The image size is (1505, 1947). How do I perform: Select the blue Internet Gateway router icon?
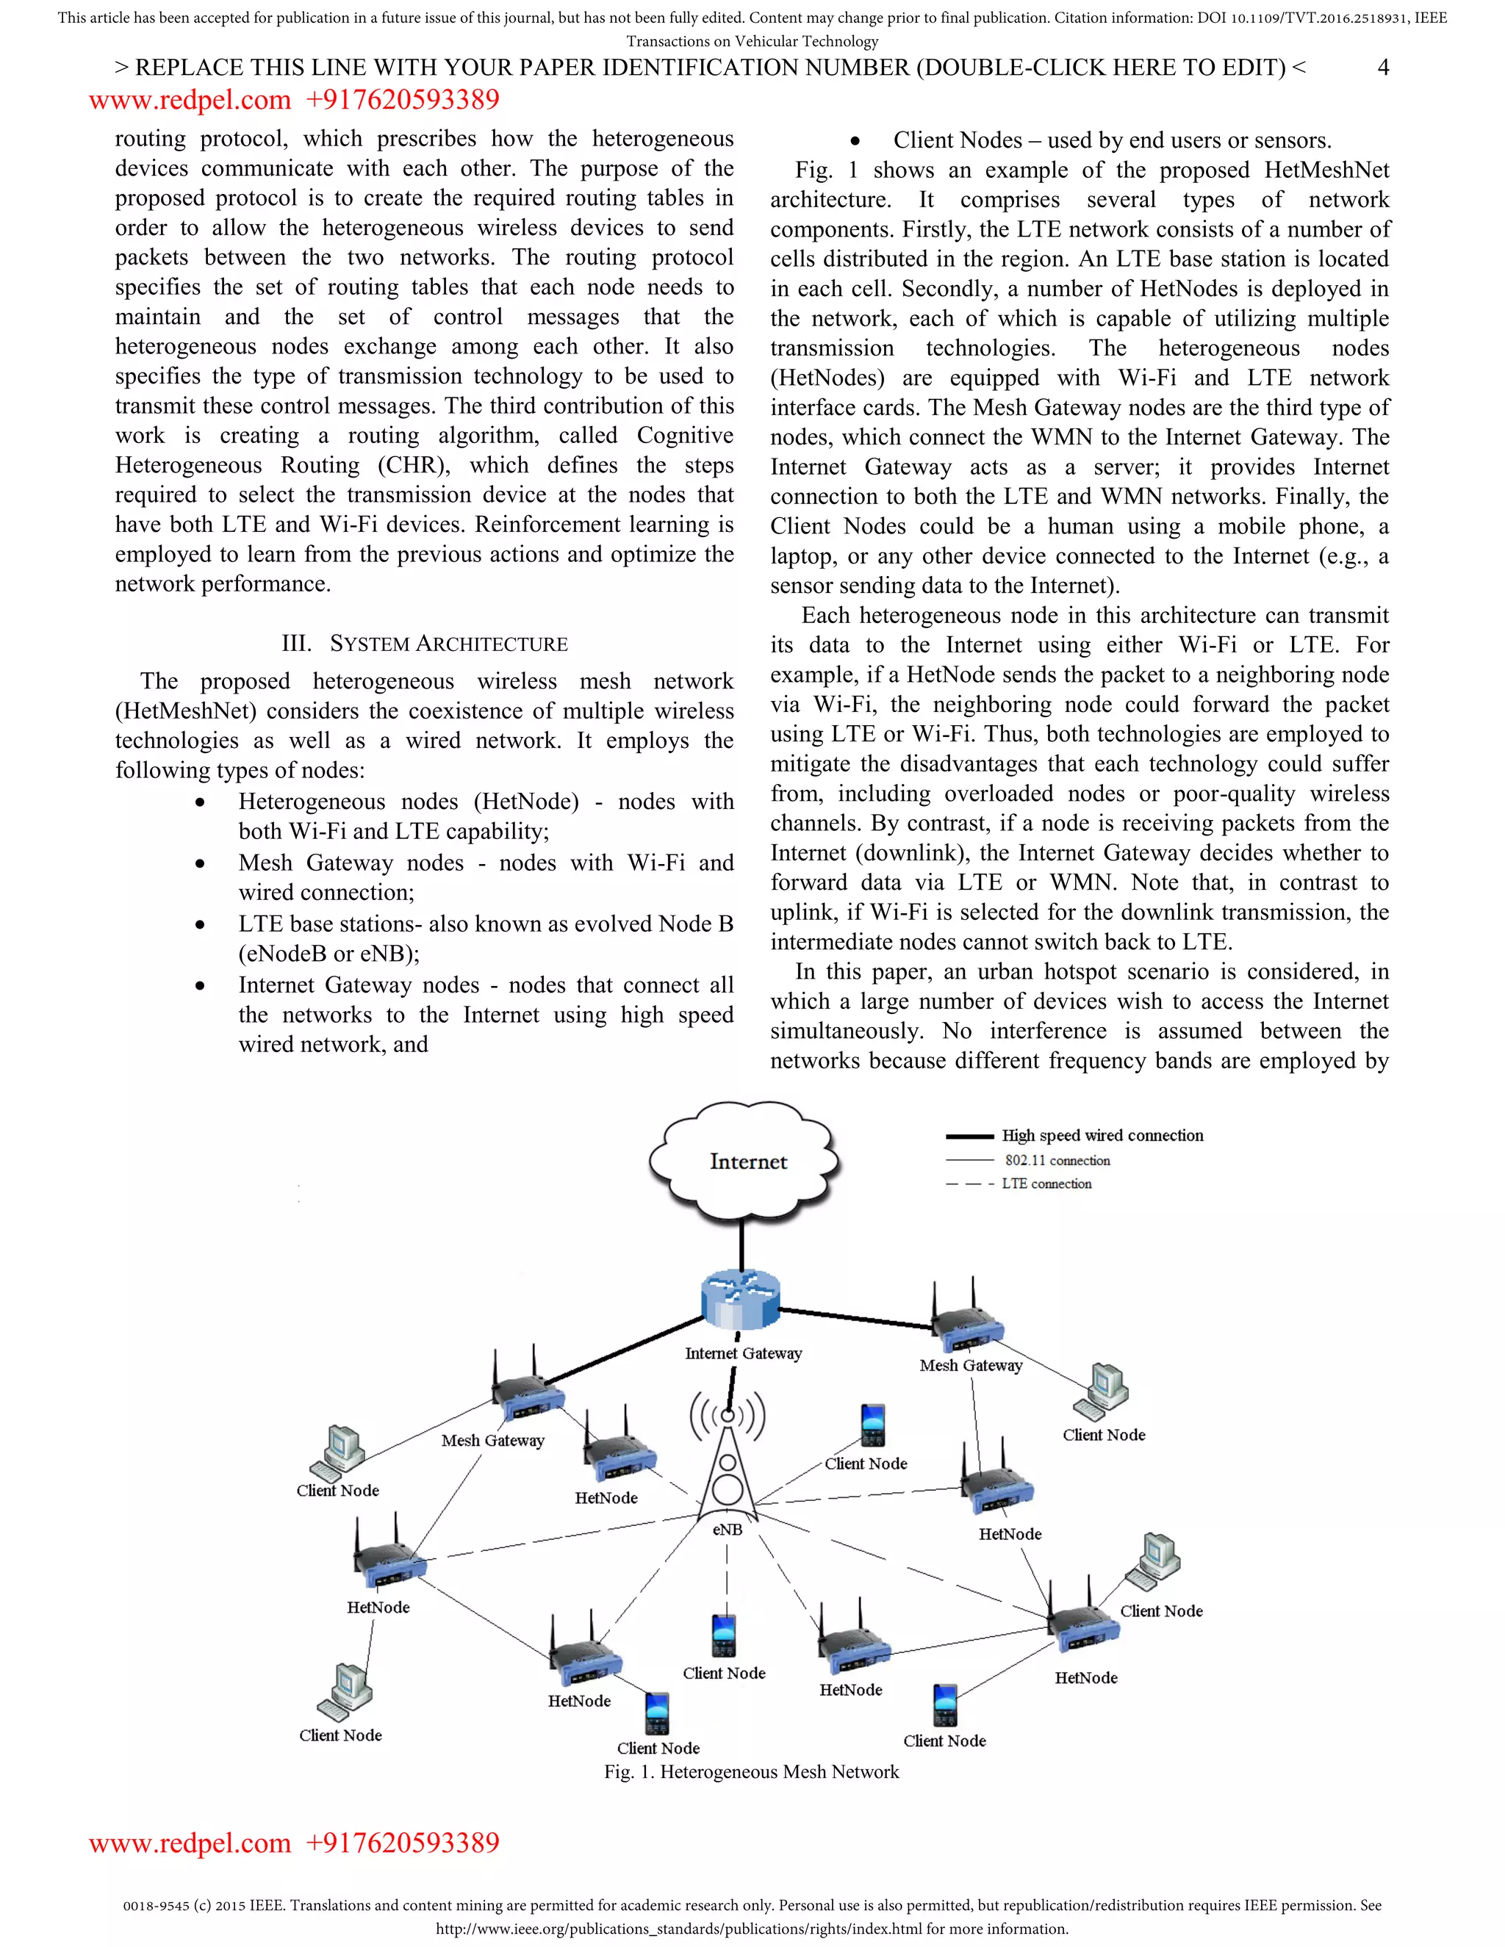point(740,1299)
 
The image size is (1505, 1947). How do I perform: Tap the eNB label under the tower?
point(727,1529)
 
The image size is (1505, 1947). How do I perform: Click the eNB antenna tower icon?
point(728,1462)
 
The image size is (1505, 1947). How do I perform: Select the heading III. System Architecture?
point(425,644)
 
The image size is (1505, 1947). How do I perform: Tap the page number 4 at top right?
point(1383,68)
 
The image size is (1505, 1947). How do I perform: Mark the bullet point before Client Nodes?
point(855,142)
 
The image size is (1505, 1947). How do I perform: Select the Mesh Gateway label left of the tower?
point(492,1440)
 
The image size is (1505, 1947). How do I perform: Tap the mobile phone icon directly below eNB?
point(723,1634)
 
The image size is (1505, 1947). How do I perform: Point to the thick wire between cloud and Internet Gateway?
point(741,1244)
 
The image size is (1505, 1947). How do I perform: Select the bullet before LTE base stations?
point(200,925)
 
